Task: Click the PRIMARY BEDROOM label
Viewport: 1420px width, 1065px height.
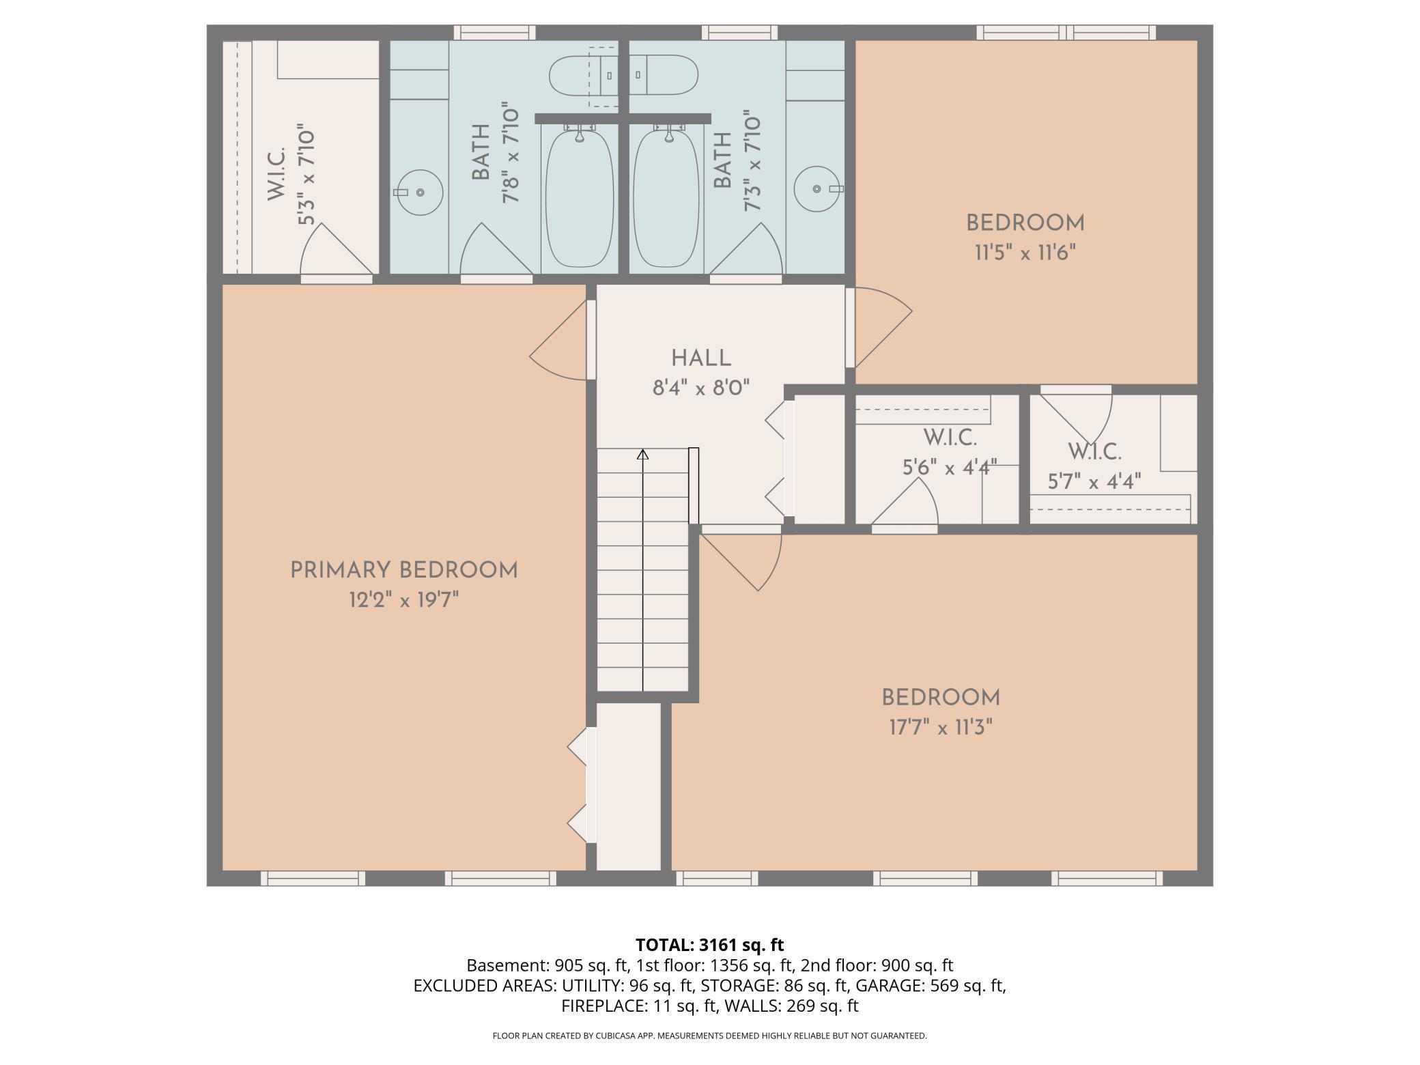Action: pyautogui.click(x=404, y=570)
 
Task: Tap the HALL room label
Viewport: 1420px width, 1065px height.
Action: pyautogui.click(x=701, y=358)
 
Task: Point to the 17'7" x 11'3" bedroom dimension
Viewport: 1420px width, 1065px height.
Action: pyautogui.click(x=940, y=728)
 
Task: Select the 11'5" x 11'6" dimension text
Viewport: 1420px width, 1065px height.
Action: pyautogui.click(x=1025, y=253)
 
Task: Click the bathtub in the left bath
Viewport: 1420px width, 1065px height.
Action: pyautogui.click(x=579, y=198)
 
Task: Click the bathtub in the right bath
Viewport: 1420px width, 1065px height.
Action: pyautogui.click(x=667, y=198)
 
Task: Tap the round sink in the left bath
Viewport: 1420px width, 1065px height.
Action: pyautogui.click(x=419, y=193)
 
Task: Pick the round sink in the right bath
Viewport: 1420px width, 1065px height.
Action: pyautogui.click(x=818, y=188)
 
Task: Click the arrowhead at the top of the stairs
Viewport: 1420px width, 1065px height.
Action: pyautogui.click(x=642, y=454)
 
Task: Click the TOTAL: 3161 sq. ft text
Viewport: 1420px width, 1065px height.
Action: pyautogui.click(x=710, y=945)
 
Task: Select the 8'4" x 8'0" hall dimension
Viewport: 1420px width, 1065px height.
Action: pyautogui.click(x=701, y=388)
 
